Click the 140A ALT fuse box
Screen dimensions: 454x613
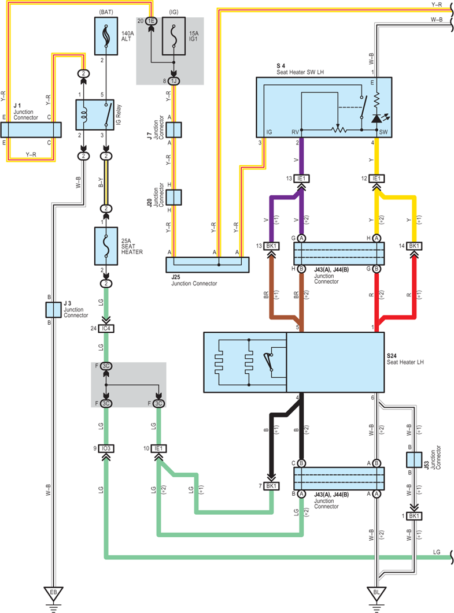click(106, 36)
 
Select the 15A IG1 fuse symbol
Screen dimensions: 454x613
click(174, 36)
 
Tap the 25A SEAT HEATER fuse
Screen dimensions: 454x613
click(106, 246)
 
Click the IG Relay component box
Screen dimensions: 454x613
click(95, 114)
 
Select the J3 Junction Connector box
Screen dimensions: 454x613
click(53, 310)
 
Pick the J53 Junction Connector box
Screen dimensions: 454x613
click(414, 460)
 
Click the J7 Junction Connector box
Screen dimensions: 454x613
click(174, 130)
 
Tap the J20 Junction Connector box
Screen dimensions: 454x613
click(174, 198)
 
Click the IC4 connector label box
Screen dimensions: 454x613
click(106, 328)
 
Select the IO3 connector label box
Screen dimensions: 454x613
click(106, 448)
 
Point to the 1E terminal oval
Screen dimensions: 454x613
click(151, 21)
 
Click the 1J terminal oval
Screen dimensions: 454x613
click(174, 81)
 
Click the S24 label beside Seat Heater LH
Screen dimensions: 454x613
click(392, 356)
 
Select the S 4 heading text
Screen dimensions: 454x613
click(280, 66)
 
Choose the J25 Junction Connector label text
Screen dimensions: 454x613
click(194, 284)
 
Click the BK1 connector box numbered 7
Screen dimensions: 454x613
click(271, 486)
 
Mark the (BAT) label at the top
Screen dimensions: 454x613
click(106, 12)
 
